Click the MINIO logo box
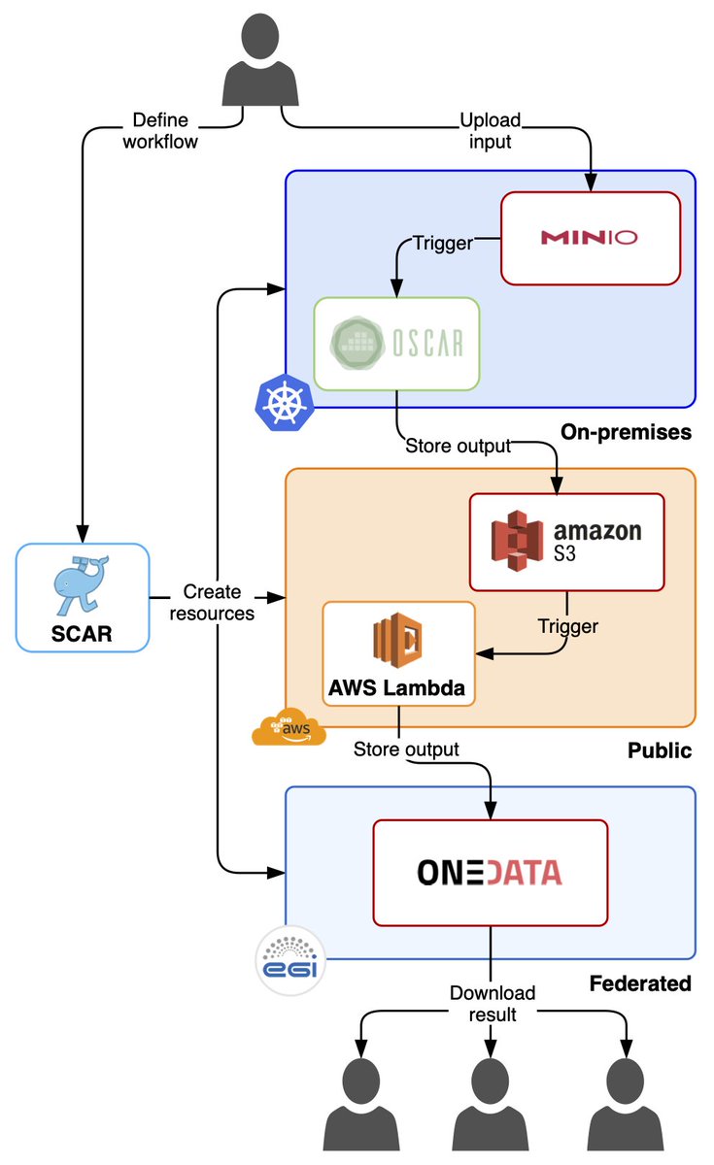click(x=590, y=238)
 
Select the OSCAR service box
click(x=396, y=344)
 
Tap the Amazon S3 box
click(x=567, y=542)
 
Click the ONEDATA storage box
click(x=490, y=872)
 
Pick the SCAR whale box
click(x=83, y=597)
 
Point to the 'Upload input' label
click(x=490, y=131)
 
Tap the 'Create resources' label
click(x=218, y=603)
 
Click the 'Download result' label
click(x=492, y=1003)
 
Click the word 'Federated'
click(x=639, y=983)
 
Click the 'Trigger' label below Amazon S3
click(x=567, y=626)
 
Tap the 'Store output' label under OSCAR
click(x=457, y=447)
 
